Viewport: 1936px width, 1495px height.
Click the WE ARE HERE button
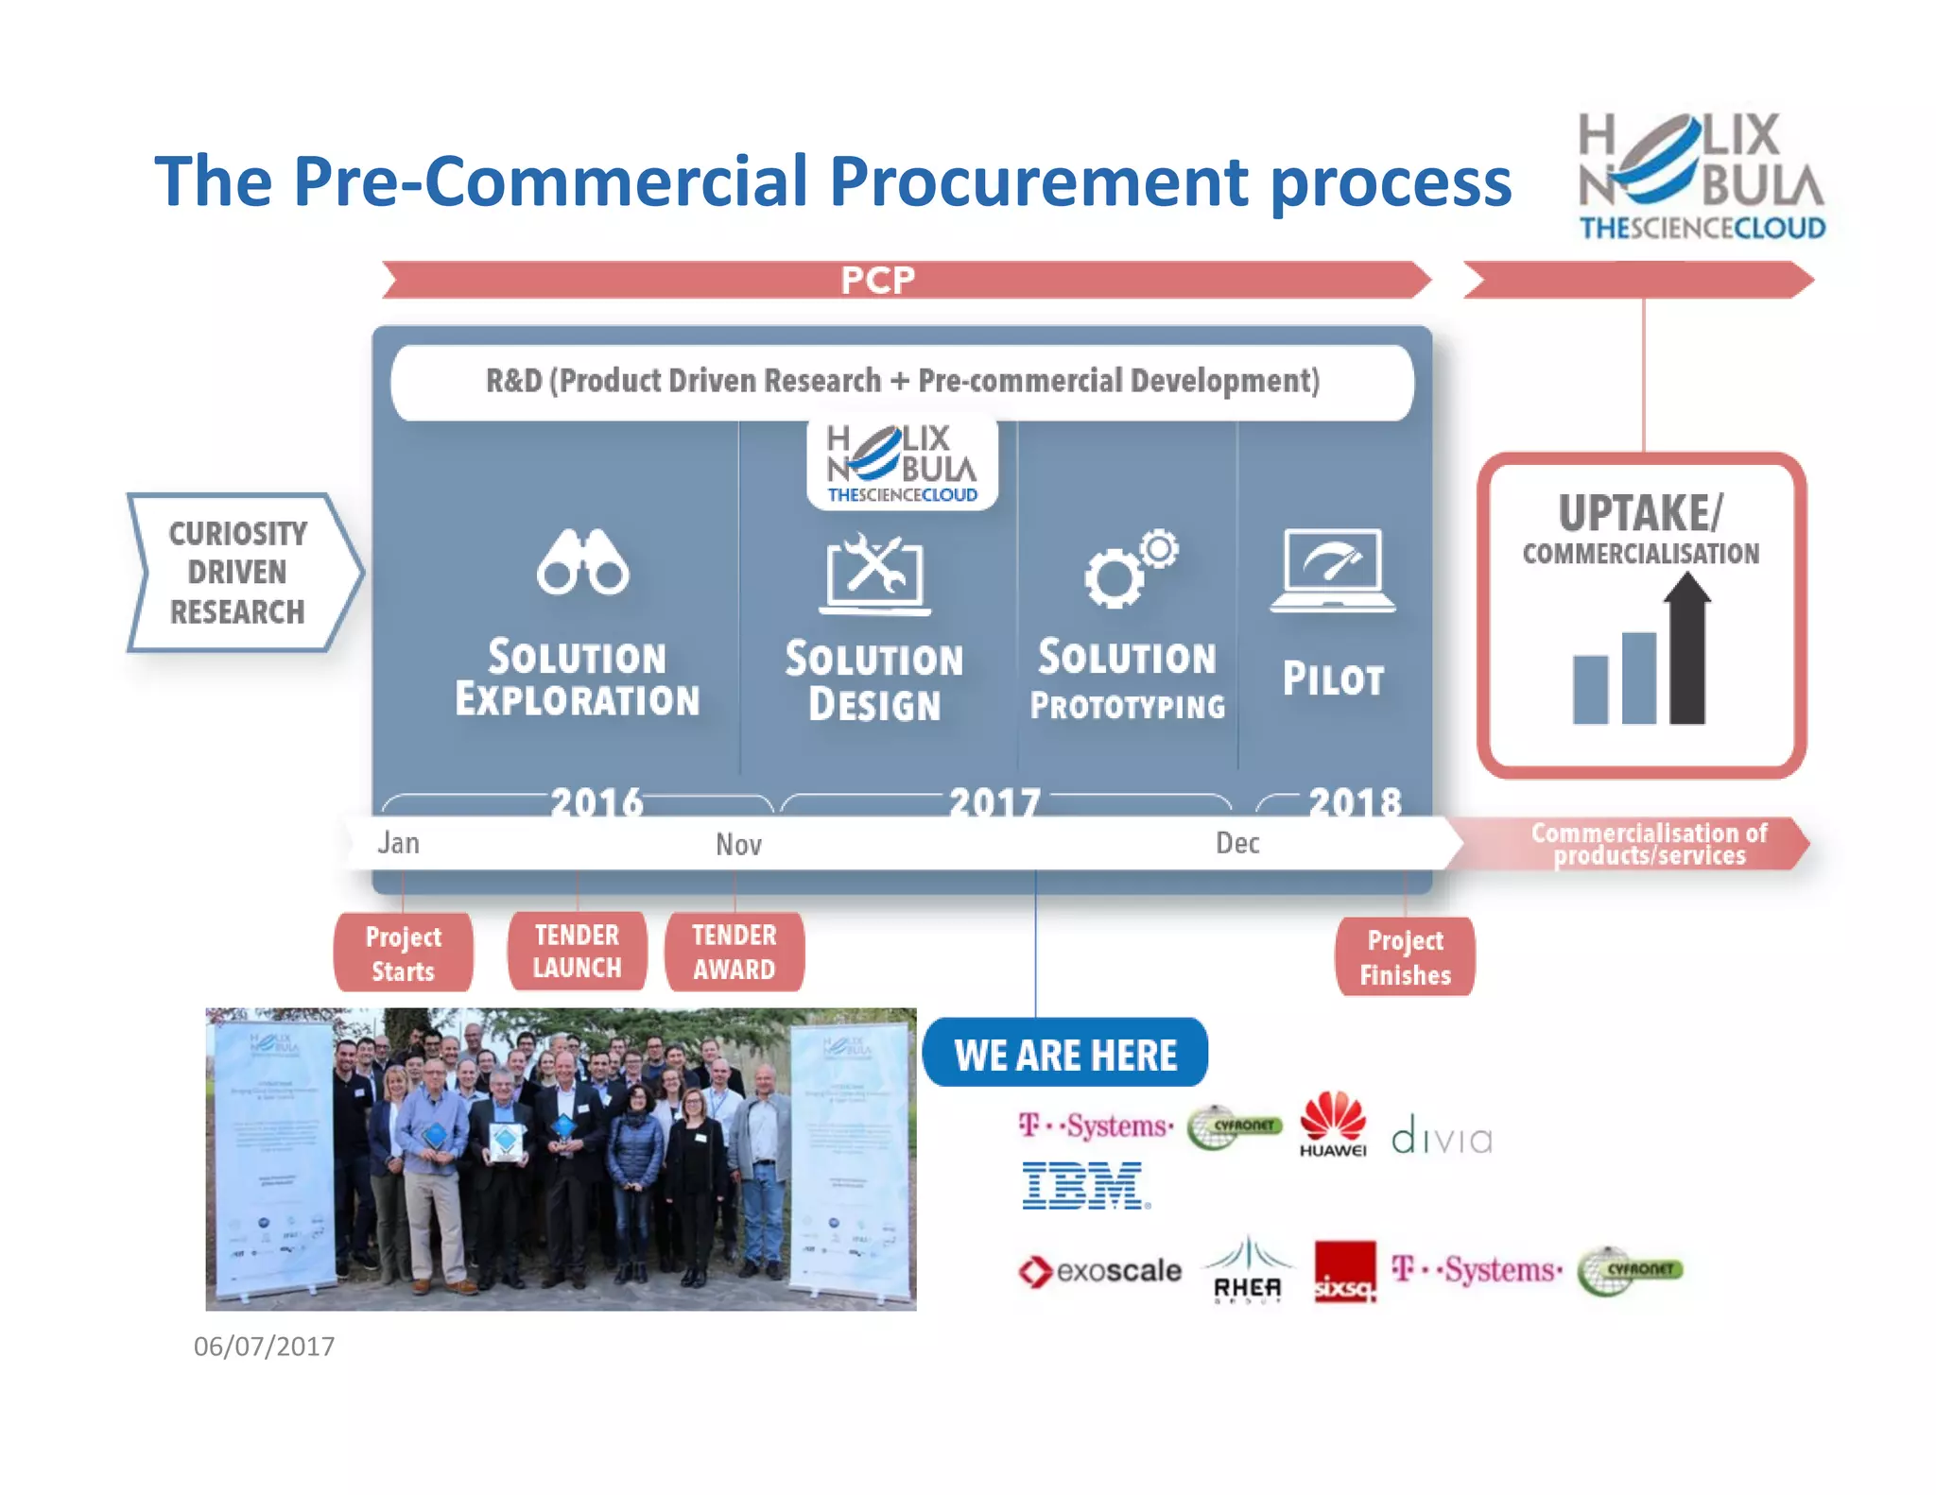coord(1065,1054)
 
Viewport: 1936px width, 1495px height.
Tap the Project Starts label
coord(404,953)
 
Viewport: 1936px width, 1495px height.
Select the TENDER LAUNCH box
coord(577,951)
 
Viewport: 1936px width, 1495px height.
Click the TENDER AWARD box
coord(735,952)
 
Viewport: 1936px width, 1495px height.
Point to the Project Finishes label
coord(1405,956)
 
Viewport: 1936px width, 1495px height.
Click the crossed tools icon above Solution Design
coord(875,574)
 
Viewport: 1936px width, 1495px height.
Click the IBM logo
coord(1085,1187)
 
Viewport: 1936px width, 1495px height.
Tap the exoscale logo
coord(1100,1271)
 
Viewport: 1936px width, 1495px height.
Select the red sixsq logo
coord(1345,1272)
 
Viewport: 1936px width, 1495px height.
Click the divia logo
coord(1442,1137)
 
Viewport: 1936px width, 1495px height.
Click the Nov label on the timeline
coord(738,844)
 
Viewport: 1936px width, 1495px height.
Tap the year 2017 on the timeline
coord(994,803)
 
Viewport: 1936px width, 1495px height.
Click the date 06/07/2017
coord(264,1346)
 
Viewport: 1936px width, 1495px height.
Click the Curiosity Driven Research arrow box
coord(242,573)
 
